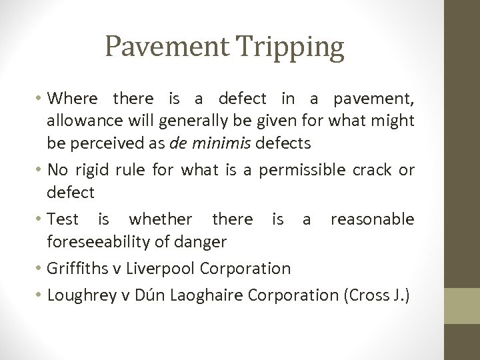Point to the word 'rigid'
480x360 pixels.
[x=93, y=171]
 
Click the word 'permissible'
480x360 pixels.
[x=300, y=171]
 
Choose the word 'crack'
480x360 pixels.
[x=370, y=171]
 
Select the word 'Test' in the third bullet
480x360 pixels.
[x=63, y=219]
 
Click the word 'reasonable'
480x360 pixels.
[x=373, y=219]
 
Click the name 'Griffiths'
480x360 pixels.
[x=80, y=269]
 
